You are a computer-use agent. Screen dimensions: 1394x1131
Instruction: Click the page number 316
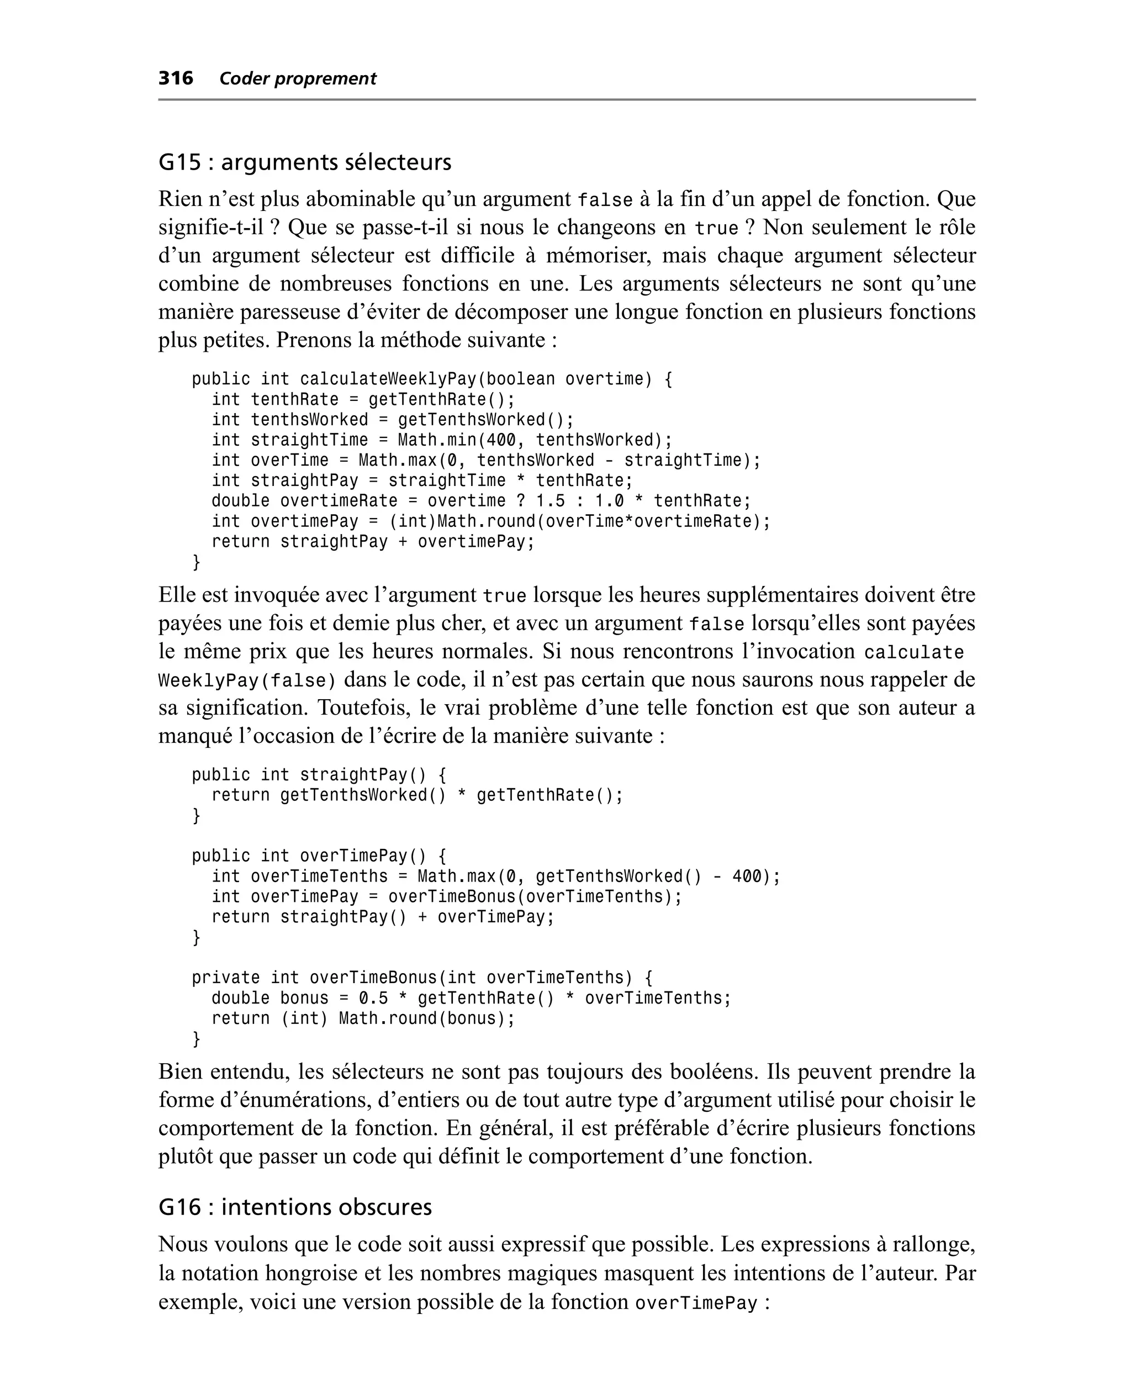point(176,78)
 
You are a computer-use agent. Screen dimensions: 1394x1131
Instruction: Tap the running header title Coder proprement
point(298,79)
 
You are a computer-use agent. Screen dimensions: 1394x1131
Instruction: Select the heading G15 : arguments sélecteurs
point(304,162)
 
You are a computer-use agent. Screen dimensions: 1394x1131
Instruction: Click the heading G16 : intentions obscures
point(294,1207)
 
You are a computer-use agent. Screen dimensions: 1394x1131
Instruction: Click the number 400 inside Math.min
point(501,440)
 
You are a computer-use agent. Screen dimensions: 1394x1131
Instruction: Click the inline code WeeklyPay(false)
point(247,681)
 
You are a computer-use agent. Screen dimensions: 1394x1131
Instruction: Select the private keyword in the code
point(225,978)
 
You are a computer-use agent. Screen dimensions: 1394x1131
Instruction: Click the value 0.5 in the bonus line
point(373,998)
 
